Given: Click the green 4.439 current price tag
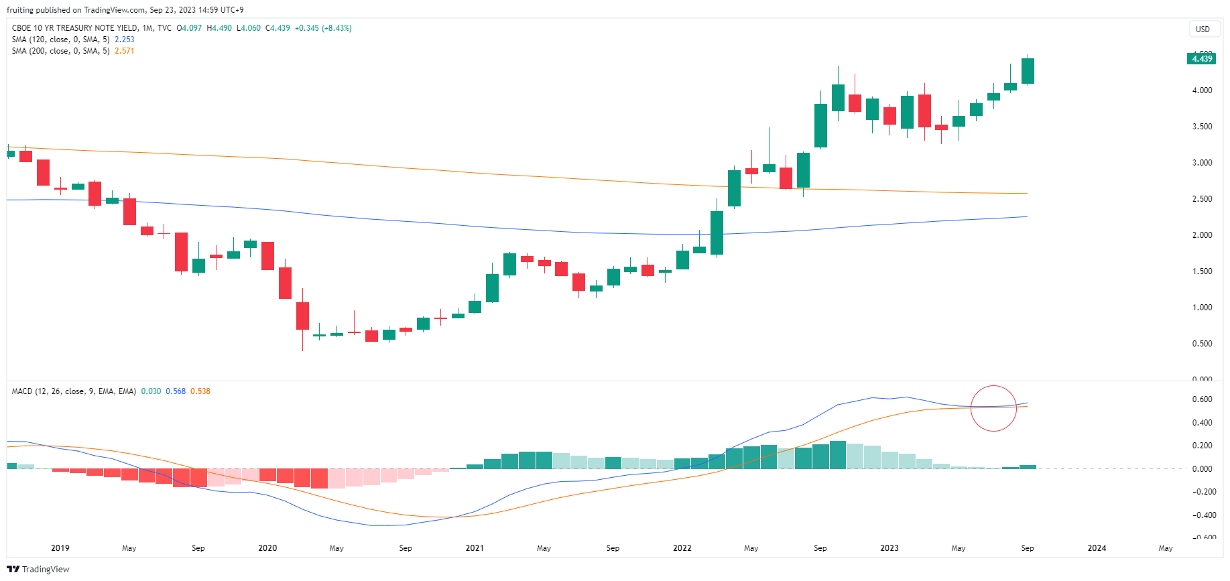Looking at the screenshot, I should (1201, 59).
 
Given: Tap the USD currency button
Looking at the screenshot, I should (1203, 29).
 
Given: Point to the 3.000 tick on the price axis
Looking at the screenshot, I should (1202, 163).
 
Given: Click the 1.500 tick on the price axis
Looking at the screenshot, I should (1202, 271).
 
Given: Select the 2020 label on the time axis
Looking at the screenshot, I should (267, 548).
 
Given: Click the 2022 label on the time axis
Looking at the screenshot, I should (682, 548).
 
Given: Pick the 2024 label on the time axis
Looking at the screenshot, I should (1097, 548).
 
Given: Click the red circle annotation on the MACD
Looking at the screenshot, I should (993, 408).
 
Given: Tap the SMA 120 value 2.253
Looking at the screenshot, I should (125, 40).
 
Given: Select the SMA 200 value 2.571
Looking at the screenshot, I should (125, 51).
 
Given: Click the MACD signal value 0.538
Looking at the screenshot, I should (200, 391).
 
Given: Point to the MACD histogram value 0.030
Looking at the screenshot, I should (151, 391).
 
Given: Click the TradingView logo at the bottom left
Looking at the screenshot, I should (38, 569).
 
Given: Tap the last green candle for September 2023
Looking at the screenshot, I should (1028, 71).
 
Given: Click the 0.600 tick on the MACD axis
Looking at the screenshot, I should (1203, 399).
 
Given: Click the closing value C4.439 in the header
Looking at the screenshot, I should (278, 28).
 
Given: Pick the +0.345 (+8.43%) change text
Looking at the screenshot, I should (324, 28).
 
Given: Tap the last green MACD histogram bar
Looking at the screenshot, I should (1028, 466).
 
